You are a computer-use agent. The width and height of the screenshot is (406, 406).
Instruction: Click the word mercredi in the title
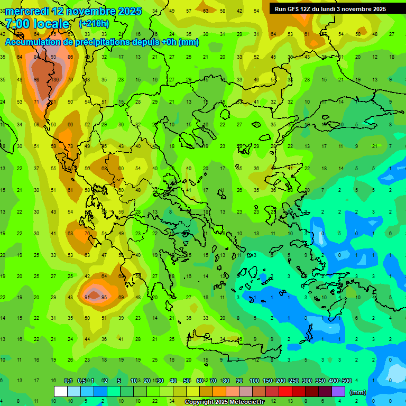tap(27, 11)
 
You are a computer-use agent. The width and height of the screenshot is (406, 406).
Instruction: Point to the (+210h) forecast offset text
tap(94, 24)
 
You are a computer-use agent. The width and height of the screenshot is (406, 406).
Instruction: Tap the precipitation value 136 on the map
tap(54, 80)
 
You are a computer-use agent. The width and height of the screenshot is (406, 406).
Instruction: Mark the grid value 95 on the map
tap(104, 298)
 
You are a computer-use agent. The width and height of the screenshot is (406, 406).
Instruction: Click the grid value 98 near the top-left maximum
tap(36, 80)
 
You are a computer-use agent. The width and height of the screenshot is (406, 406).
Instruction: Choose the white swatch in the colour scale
tap(61, 392)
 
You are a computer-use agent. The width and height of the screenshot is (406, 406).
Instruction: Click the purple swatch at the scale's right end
tap(338, 392)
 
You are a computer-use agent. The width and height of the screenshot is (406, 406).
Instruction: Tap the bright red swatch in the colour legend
tap(285, 392)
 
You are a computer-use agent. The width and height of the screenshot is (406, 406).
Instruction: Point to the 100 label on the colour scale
tap(254, 381)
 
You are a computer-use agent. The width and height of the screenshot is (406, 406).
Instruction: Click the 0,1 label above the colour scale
tap(68, 381)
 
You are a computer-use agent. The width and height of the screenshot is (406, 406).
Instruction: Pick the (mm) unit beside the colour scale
tap(358, 392)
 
